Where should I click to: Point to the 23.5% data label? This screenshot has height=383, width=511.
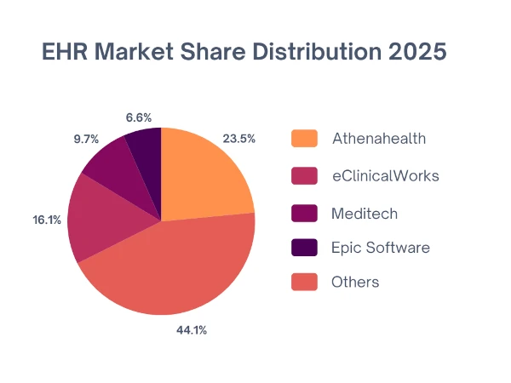(239, 139)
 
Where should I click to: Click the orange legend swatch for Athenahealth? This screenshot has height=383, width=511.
(304, 138)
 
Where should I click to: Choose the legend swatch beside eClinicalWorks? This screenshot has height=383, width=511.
(304, 175)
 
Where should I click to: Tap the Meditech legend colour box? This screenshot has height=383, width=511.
(304, 212)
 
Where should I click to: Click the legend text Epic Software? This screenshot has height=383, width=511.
(381, 248)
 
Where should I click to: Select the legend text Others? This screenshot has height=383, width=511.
(355, 283)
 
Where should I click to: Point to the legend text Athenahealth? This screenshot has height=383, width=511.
(379, 138)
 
